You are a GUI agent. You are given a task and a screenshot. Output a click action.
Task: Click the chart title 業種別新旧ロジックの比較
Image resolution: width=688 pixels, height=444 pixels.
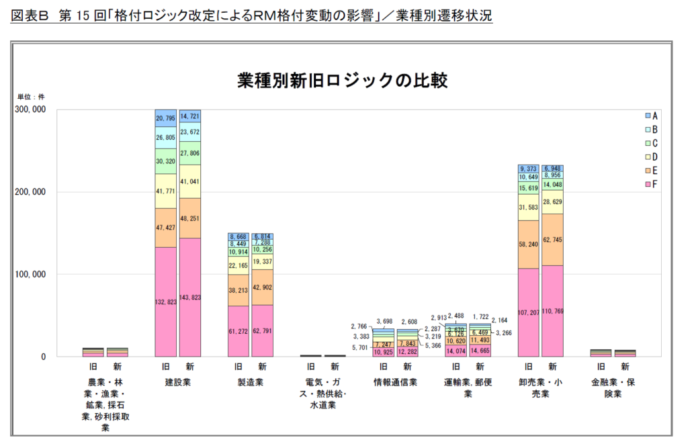click(x=343, y=81)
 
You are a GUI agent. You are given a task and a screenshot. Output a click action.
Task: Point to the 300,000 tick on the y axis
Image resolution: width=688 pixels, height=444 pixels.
click(x=30, y=109)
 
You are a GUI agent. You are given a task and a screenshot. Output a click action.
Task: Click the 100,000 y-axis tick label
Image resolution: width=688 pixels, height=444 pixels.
click(x=30, y=274)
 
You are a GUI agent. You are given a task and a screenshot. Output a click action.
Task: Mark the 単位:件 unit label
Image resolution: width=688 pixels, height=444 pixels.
click(x=30, y=97)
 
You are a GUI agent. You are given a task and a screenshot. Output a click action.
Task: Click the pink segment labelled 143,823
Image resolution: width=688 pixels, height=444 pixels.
click(x=190, y=297)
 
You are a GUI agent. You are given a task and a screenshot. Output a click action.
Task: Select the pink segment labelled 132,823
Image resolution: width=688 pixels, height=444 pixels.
click(x=165, y=302)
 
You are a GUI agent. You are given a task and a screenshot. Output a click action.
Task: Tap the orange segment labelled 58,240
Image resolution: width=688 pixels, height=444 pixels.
click(x=529, y=245)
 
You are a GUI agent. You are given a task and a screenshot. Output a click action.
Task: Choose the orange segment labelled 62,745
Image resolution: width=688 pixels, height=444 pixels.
click(x=553, y=240)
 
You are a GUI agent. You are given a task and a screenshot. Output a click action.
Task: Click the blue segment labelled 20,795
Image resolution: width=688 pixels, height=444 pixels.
click(x=165, y=118)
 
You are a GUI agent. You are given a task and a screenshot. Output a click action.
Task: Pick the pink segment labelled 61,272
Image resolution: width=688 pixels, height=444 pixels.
click(x=239, y=331)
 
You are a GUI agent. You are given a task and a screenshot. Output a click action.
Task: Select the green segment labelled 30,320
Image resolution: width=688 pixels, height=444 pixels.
click(x=165, y=161)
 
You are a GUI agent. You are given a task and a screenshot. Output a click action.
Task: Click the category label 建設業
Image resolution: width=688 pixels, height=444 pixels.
click(x=177, y=382)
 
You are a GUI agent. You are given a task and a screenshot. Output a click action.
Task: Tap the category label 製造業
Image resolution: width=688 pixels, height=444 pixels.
click(x=250, y=382)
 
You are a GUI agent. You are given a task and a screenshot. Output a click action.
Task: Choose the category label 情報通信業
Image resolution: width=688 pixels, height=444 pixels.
click(x=395, y=382)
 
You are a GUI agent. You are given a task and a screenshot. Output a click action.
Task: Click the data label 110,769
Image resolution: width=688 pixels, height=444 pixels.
click(x=553, y=312)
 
